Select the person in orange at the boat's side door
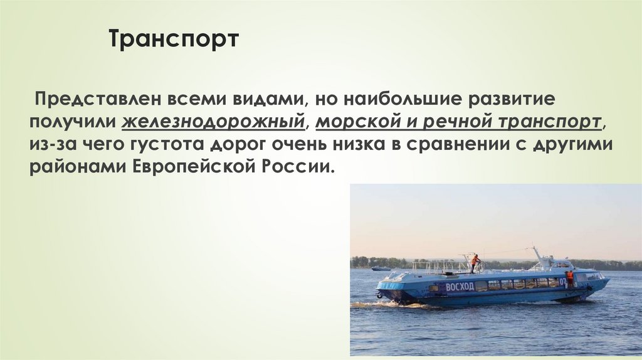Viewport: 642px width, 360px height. [x=570, y=278]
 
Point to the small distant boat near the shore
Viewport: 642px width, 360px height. [x=381, y=268]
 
